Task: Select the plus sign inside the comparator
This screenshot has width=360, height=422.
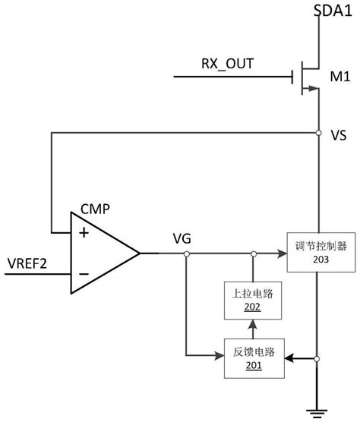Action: click(x=84, y=233)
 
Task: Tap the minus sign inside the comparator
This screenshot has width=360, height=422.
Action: click(x=84, y=273)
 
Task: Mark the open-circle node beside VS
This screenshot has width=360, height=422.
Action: click(x=318, y=134)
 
